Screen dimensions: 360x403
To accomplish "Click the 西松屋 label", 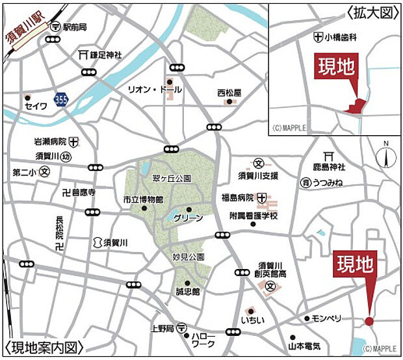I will [229, 93].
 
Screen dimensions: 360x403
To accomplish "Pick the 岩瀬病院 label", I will [51, 141].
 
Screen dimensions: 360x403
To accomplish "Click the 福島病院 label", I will [237, 198].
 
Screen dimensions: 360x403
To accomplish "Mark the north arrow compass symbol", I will [385, 156].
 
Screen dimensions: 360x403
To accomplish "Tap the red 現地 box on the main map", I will [355, 264].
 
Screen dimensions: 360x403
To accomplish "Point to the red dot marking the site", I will [369, 320].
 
